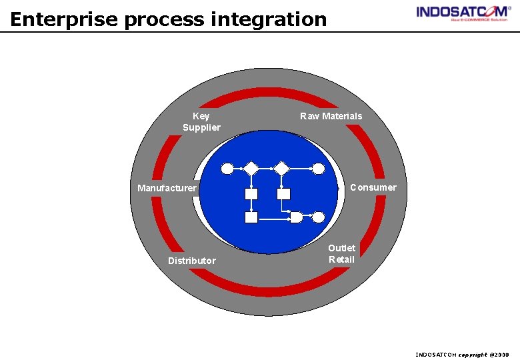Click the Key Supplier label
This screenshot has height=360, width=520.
pyautogui.click(x=201, y=121)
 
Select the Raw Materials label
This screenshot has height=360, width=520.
pyautogui.click(x=331, y=116)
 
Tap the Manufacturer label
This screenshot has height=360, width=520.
pyautogui.click(x=167, y=188)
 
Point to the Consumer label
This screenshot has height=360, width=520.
pyautogui.click(x=373, y=187)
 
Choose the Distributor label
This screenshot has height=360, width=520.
pyautogui.click(x=191, y=261)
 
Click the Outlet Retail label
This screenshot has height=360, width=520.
pyautogui.click(x=341, y=253)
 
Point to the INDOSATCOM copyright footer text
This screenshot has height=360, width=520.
pyautogui.click(x=462, y=355)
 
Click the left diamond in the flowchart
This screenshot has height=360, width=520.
pyautogui.click(x=251, y=169)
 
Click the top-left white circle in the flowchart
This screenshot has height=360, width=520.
pyautogui.click(x=227, y=169)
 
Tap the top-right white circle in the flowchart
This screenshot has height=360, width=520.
pyautogui.click(x=319, y=169)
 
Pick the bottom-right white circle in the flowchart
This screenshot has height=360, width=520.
pyautogui.click(x=319, y=217)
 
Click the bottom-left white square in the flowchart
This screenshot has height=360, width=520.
pyautogui.click(x=251, y=217)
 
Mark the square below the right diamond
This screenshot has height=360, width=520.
pyautogui.click(x=284, y=194)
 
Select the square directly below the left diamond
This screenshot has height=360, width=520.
pyautogui.click(x=251, y=194)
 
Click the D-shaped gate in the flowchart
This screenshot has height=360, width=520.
pyautogui.click(x=296, y=217)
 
